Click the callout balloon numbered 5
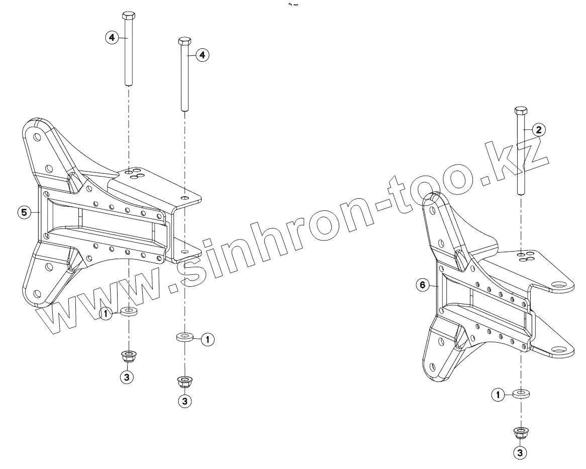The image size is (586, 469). [23, 212]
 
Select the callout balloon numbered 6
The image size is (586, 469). [423, 285]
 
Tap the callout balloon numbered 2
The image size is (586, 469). [538, 130]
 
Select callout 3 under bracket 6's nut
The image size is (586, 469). [520, 452]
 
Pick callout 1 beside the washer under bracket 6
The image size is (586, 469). [498, 395]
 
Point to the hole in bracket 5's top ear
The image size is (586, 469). [38, 136]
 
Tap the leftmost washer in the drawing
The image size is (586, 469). [129, 312]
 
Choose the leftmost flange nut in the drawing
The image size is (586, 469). [129, 357]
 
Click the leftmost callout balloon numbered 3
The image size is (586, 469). [128, 376]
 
